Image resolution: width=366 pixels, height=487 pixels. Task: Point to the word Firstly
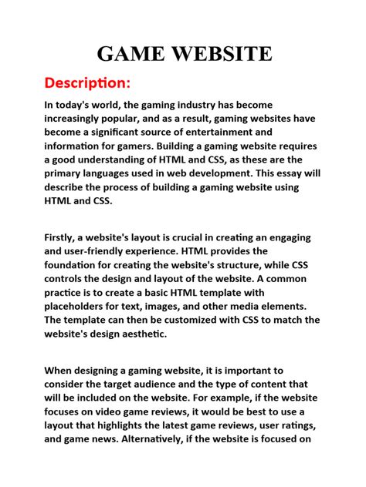coord(63,237)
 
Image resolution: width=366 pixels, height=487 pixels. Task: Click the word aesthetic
coord(188,334)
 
